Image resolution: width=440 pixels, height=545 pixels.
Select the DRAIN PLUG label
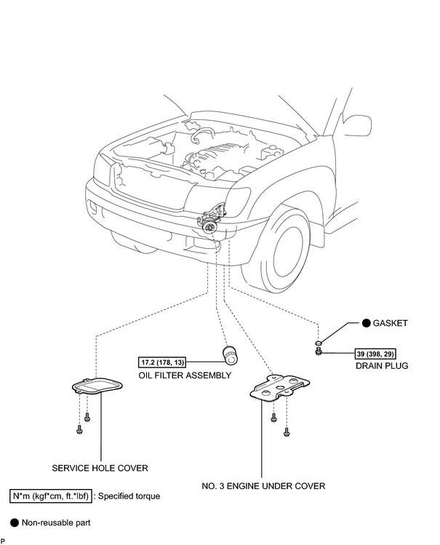tap(382, 366)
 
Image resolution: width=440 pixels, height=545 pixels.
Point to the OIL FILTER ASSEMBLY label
tap(185, 375)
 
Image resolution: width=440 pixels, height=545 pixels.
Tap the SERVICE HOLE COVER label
tap(100, 468)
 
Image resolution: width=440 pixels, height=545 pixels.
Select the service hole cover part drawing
tap(98, 386)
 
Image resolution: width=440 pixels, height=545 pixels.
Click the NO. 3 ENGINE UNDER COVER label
tap(263, 486)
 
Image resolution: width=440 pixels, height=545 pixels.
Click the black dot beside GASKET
tap(366, 323)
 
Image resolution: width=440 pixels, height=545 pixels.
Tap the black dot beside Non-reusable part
tap(15, 522)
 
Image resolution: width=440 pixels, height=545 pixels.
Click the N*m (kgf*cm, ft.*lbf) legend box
tap(51, 496)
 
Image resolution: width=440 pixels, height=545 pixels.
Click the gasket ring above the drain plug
tap(319, 343)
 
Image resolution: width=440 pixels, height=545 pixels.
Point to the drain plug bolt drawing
tap(318, 352)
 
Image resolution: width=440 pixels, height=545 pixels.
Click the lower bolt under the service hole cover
tap(79, 429)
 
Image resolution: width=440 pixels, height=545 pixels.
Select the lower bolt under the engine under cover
tap(287, 432)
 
